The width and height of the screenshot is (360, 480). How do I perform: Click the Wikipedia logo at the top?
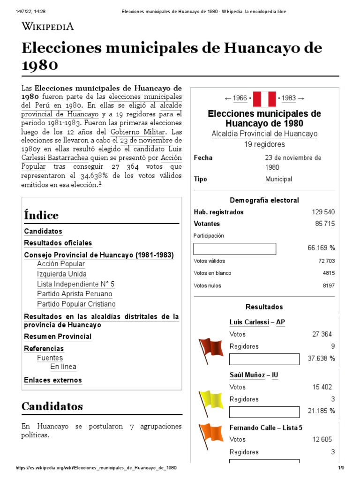tap(48, 27)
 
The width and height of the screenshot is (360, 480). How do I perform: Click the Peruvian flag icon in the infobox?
tap(264, 98)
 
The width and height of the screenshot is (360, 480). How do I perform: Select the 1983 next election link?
tap(289, 98)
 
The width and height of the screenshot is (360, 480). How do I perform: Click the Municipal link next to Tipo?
tap(278, 179)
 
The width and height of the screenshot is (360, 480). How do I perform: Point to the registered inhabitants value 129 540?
tap(323, 212)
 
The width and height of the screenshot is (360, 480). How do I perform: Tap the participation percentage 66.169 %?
tap(321, 247)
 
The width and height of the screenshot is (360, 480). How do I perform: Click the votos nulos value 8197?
tap(329, 285)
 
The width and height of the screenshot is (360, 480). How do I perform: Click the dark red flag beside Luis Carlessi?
tap(211, 349)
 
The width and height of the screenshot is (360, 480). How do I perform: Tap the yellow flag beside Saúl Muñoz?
tap(211, 402)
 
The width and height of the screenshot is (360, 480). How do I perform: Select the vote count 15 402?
tap(322, 387)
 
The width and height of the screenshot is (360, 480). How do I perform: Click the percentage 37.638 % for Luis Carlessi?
tap(321, 359)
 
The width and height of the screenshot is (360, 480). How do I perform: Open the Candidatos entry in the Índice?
tap(43, 232)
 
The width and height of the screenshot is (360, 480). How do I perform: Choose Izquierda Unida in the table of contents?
tap(62, 274)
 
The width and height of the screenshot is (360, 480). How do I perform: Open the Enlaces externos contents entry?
tap(53, 380)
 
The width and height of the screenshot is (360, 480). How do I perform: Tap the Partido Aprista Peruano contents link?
tap(75, 294)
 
